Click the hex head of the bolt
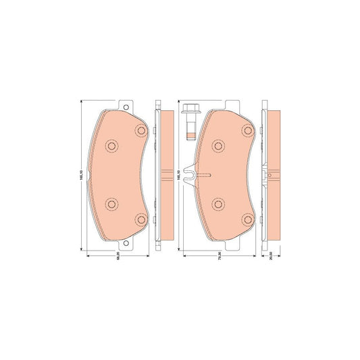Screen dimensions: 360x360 click(x=189, y=111)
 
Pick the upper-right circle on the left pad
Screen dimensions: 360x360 click(x=140, y=130)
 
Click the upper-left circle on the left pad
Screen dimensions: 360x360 click(x=111, y=145)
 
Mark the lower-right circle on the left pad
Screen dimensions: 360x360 click(x=140, y=218)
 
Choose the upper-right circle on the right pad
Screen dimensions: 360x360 click(x=247, y=131)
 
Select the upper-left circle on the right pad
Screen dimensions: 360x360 click(x=217, y=146)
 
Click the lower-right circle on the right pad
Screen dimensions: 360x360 click(x=247, y=219)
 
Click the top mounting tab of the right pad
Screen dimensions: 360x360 click(x=234, y=106)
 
